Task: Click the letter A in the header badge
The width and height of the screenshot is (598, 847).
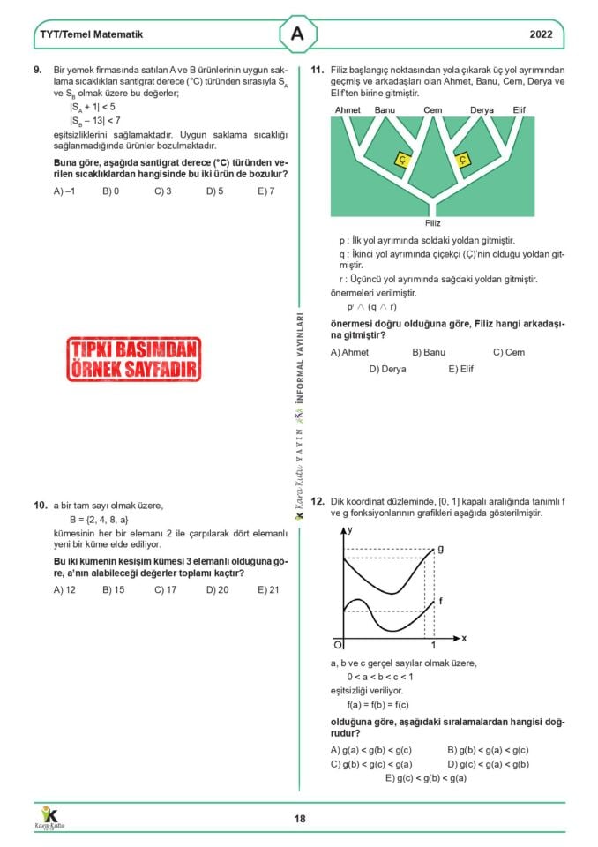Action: tap(298, 34)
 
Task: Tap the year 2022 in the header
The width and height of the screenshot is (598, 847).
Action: tap(542, 35)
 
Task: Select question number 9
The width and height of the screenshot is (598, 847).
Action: tap(38, 70)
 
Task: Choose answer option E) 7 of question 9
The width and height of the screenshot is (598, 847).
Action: tap(265, 191)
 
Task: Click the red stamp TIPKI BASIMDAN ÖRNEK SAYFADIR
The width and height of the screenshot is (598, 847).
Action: tap(133, 358)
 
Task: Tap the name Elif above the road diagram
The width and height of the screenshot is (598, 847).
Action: tap(519, 109)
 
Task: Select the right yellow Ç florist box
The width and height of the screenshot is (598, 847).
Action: tap(463, 160)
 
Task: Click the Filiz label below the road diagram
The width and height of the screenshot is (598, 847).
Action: tap(432, 223)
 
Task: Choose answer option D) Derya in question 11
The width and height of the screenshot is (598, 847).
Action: tap(387, 369)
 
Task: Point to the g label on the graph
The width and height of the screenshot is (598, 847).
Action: tap(440, 549)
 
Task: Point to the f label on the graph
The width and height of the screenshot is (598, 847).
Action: tap(440, 600)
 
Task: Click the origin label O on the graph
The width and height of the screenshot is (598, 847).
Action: tap(337, 644)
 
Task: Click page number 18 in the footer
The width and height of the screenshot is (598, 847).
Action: tap(300, 819)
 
